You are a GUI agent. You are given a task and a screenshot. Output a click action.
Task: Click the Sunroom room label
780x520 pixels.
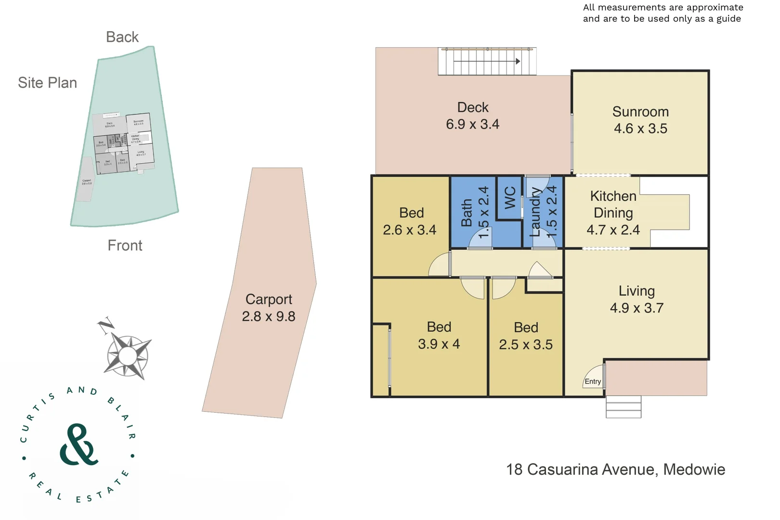point(640,112)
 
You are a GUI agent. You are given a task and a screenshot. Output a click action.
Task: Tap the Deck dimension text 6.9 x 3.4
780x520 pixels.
point(472,124)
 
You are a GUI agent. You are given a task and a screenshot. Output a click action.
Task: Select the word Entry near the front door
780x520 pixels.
point(593,381)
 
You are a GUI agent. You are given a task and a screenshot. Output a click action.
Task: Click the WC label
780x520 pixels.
point(510,197)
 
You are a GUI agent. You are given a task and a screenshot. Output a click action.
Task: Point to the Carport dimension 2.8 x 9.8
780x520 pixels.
point(269,316)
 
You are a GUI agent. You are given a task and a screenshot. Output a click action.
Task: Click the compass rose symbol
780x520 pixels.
point(128,356)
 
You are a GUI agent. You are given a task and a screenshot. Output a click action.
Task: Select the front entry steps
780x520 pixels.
point(623,407)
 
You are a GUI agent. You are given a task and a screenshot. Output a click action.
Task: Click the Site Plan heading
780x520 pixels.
point(47,83)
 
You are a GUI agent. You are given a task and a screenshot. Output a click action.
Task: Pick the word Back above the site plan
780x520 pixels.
point(122,37)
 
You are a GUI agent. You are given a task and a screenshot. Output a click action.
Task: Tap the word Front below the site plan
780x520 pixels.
point(125,246)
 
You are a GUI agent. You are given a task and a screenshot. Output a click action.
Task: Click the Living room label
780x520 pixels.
point(637,291)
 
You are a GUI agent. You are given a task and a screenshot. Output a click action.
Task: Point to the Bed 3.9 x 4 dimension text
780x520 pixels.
point(439,344)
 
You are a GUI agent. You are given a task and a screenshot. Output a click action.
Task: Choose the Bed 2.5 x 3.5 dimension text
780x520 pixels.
point(526,344)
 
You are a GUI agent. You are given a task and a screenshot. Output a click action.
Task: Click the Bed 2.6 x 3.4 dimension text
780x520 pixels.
point(410,230)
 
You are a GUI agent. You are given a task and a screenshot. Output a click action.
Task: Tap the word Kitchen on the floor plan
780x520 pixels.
point(613,196)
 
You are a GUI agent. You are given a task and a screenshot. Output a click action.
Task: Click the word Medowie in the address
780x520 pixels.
point(694,469)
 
